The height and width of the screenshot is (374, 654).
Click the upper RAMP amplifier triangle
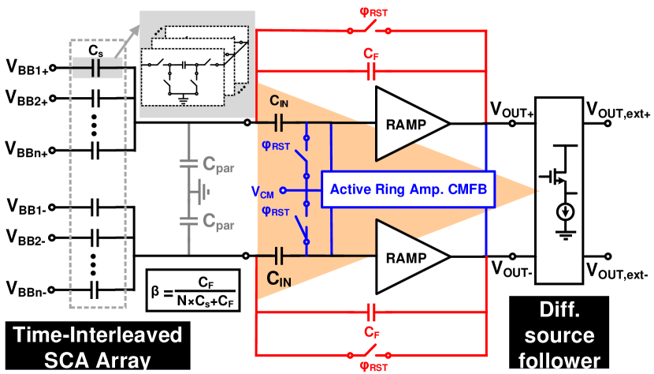407,124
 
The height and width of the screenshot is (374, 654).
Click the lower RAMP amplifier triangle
407,256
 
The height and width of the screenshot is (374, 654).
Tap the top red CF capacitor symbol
371,73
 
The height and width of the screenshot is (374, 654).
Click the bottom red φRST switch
370,352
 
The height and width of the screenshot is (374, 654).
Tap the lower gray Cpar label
218,223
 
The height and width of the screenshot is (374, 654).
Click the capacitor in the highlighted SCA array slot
98,69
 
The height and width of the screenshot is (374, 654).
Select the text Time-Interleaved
98,335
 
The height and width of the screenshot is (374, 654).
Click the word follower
560,361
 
